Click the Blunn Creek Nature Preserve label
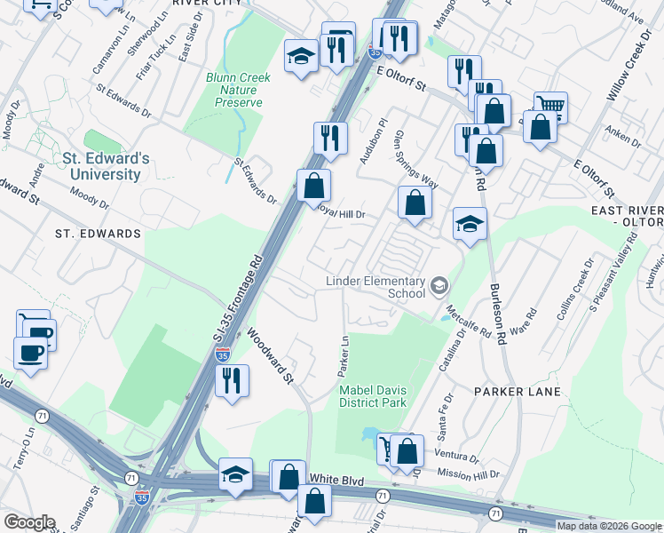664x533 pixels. coord(239,90)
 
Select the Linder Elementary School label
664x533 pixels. coord(375,287)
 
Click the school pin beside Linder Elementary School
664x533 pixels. coord(439,286)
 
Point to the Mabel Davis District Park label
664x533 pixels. coord(372,394)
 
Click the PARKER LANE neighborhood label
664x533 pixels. coord(518,391)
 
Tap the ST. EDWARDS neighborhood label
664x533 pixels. coord(98,234)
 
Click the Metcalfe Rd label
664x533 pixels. coord(469,322)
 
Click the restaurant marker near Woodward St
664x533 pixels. coord(233,380)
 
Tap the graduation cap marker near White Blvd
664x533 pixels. coord(235,474)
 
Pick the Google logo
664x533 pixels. coord(29,522)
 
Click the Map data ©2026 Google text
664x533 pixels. coord(609,526)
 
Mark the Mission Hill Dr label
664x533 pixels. coord(474,475)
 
